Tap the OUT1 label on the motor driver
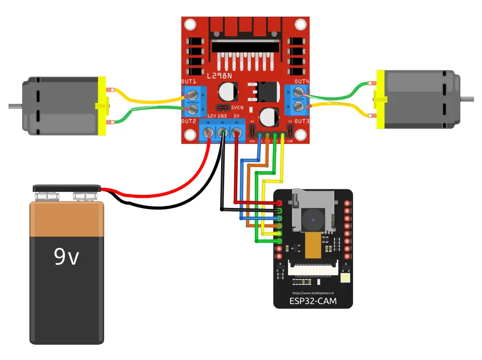[x=188, y=82]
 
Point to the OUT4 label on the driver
[x=302, y=82]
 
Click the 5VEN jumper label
[x=238, y=108]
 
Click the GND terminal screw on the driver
[x=222, y=133]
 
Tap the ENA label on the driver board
[x=252, y=142]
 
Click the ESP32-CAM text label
[x=313, y=301]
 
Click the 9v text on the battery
[x=66, y=257]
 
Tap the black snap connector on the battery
[x=66, y=189]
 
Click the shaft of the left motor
[x=15, y=106]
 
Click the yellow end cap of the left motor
[x=102, y=106]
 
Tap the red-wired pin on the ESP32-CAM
[x=279, y=202]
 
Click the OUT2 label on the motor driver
[x=188, y=121]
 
